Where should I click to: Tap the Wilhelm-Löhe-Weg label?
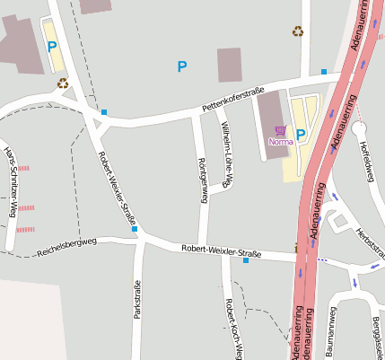point(226,154)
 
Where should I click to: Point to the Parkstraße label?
point(137,299)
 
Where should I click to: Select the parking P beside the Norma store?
point(301,135)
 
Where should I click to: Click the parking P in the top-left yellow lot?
point(52,46)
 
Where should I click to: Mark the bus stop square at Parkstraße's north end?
point(135,229)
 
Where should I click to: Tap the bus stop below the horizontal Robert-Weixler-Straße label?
point(246,260)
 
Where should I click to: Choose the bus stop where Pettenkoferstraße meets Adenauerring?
point(324,72)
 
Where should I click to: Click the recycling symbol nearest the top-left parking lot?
point(63,83)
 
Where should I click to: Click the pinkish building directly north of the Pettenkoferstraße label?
point(230,65)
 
